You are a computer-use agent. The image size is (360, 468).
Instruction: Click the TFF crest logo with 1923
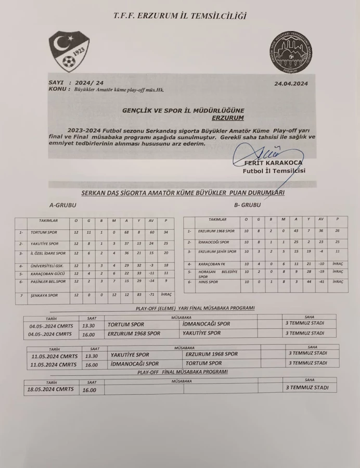69,51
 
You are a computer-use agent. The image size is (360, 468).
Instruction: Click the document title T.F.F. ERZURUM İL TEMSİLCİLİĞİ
180,17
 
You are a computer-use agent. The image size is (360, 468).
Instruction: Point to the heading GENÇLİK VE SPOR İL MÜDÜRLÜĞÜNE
182,110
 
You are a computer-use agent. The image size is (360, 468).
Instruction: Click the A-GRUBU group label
62,205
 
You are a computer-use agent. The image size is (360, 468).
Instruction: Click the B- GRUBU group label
248,205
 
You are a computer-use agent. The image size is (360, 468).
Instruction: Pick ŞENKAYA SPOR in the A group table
44,295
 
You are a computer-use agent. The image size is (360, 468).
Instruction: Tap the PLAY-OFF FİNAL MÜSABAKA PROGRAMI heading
182,372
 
